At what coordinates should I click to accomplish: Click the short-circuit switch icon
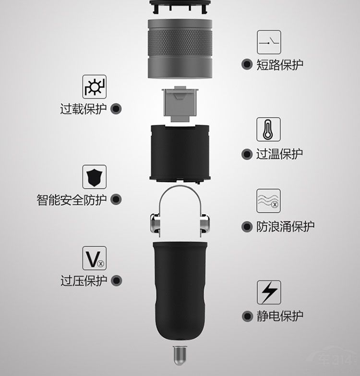(269, 42)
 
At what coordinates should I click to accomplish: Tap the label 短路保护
(280, 65)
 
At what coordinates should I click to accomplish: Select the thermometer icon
(268, 129)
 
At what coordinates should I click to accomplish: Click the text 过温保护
(279, 154)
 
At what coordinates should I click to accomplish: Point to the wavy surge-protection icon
(268, 201)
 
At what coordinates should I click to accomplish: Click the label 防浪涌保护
(286, 227)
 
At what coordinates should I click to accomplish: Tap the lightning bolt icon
(269, 292)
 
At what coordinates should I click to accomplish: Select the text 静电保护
(280, 316)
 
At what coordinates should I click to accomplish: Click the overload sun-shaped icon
(95, 86)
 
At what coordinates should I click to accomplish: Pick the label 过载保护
(84, 109)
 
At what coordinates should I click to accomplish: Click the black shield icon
(95, 177)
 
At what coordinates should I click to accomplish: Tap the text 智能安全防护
(72, 200)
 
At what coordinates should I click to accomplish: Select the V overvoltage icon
(95, 258)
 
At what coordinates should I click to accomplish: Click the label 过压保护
(84, 281)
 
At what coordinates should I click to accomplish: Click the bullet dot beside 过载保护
(116, 109)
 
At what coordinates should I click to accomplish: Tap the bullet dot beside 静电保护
(247, 316)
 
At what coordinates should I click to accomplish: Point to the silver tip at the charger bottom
(180, 355)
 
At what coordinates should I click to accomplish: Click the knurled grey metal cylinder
(180, 49)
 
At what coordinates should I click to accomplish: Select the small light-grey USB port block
(180, 104)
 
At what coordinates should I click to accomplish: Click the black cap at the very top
(180, 5)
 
